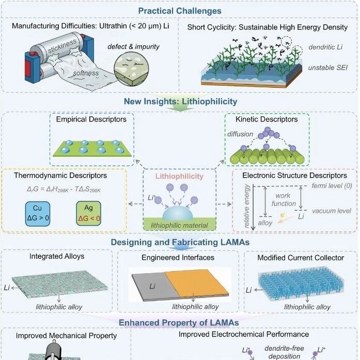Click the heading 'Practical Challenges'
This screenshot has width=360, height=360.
[x=180, y=11]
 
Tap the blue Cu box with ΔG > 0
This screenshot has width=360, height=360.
[x=38, y=214]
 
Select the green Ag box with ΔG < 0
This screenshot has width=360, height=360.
[x=89, y=213]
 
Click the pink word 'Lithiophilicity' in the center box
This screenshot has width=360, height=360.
[x=179, y=176]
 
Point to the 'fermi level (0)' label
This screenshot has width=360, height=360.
[x=332, y=186]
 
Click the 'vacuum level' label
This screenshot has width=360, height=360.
[x=332, y=211]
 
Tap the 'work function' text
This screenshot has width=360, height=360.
[x=284, y=199]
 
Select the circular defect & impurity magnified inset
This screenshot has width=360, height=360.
[x=131, y=69]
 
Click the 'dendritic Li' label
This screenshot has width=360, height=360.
[x=325, y=47]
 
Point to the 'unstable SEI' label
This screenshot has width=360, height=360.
[x=327, y=68]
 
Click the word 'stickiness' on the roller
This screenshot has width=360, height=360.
[x=62, y=46]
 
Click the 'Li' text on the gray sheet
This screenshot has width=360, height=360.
[x=152, y=286]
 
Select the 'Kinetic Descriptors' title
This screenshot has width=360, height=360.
[x=267, y=119]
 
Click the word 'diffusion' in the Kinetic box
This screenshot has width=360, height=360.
[x=240, y=134]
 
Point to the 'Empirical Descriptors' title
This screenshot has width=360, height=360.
[x=91, y=119]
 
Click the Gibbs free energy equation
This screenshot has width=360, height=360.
[x=64, y=190]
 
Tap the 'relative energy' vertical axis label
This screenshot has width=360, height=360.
[x=246, y=206]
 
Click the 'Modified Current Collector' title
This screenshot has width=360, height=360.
[x=301, y=258]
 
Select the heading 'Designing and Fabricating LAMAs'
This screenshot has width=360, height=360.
[x=180, y=242]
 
